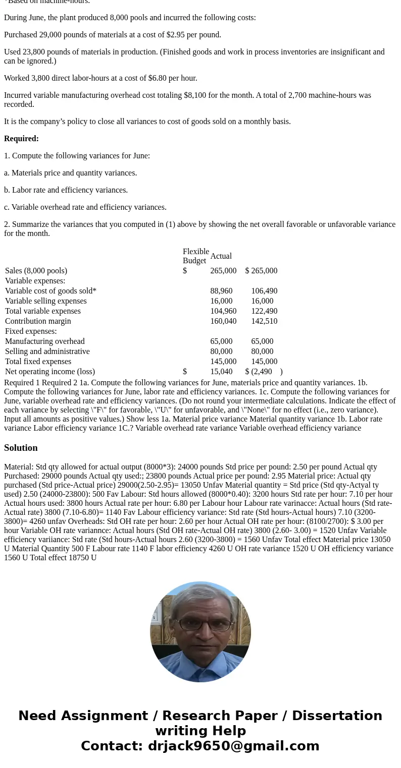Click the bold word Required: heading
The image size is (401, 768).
tap(21, 139)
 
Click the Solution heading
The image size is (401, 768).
tap(21, 448)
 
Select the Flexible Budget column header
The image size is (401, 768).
tap(195, 256)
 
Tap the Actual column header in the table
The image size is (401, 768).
tap(221, 256)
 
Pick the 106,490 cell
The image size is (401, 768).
tap(264, 291)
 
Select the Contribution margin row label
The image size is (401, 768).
tap(38, 321)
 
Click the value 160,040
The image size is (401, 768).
tap(223, 321)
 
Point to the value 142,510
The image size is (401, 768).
tap(264, 321)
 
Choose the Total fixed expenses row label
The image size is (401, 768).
tap(38, 362)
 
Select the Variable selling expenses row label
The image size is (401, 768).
tap(45, 301)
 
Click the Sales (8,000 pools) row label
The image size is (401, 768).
tap(36, 271)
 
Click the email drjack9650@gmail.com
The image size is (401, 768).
tap(233, 746)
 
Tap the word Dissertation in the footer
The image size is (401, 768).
tap(337, 716)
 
